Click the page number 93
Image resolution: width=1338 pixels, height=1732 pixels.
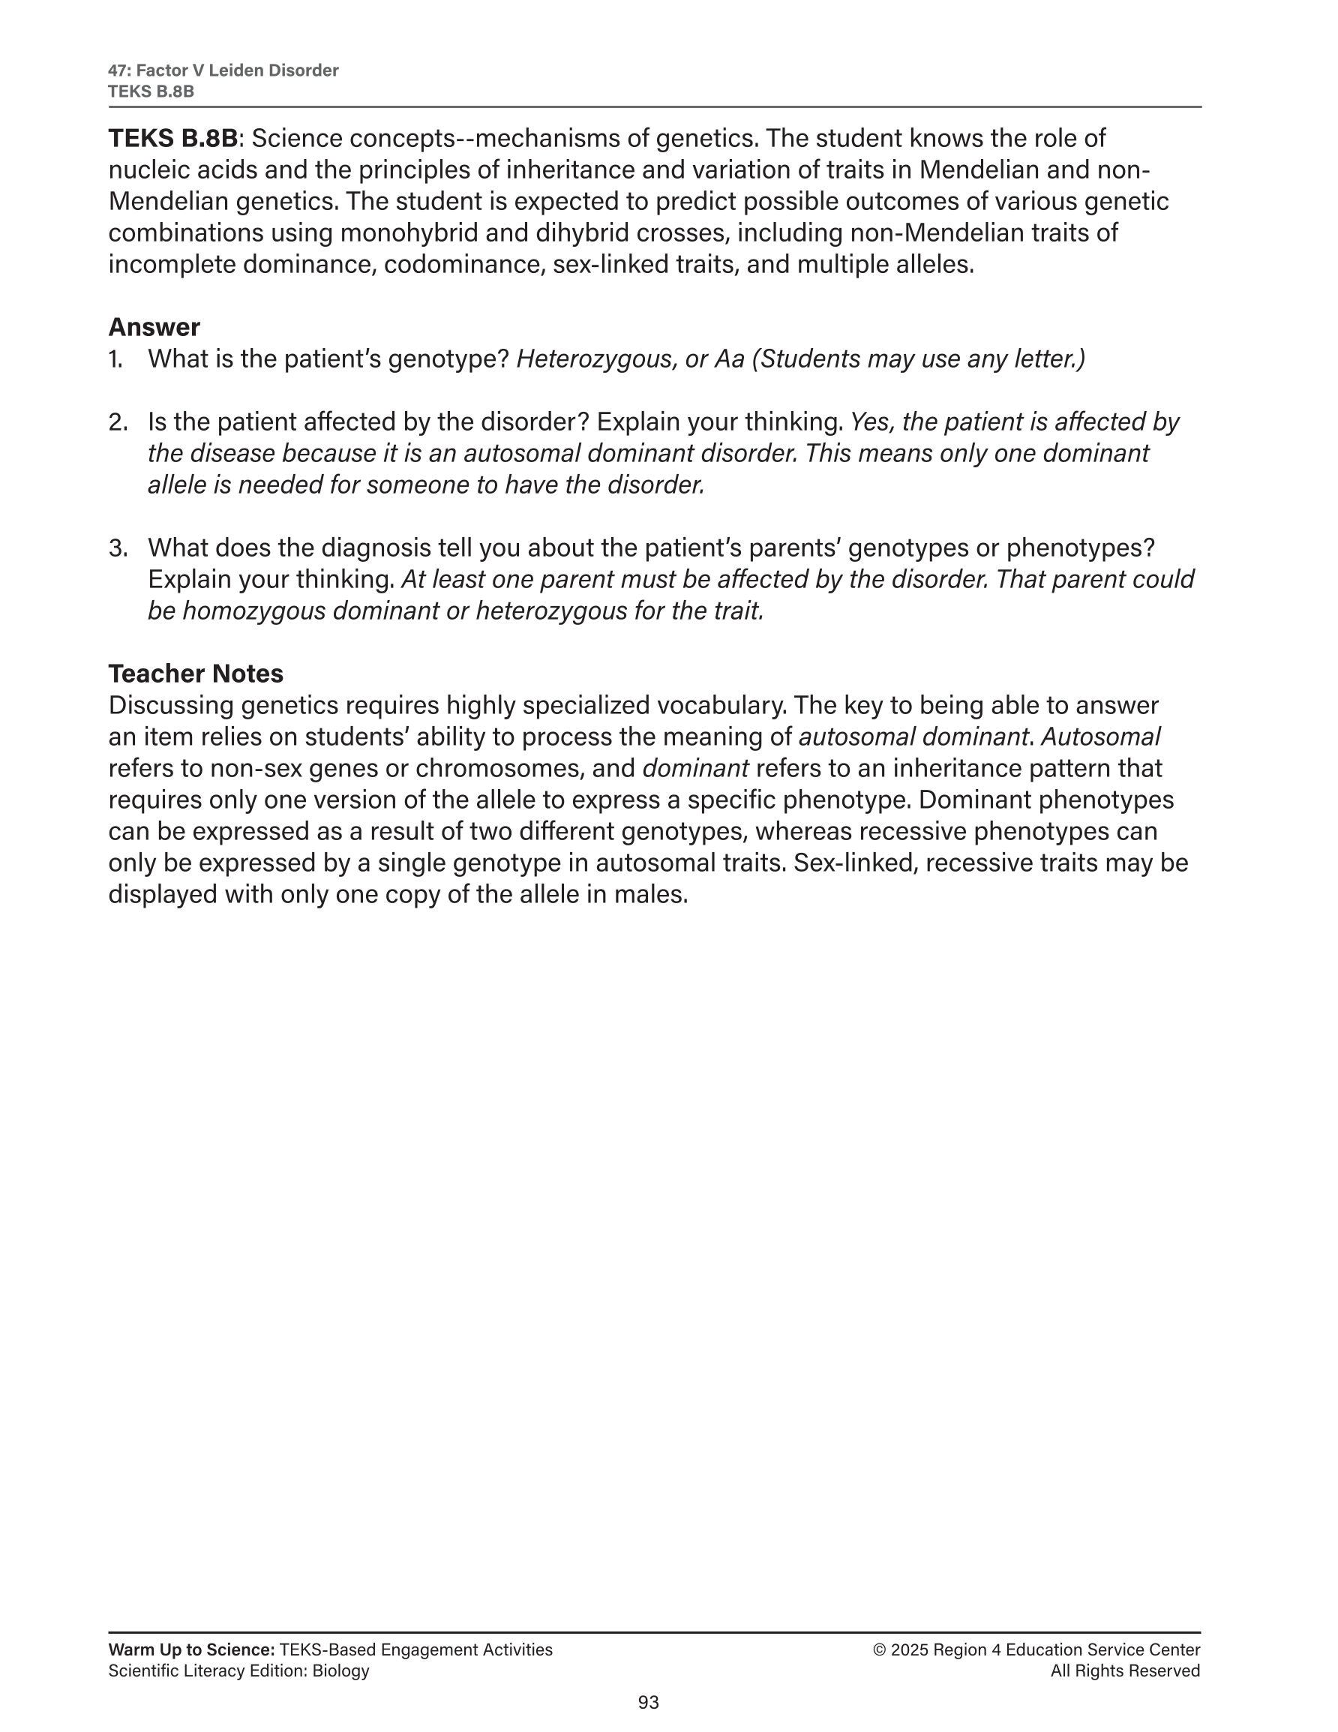coord(648,1702)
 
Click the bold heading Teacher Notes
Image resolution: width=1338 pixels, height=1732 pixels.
coord(195,674)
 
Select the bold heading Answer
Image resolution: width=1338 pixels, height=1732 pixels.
coord(154,327)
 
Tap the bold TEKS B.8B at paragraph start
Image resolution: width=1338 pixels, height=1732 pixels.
coord(173,138)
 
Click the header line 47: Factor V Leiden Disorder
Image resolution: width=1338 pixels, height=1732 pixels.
coord(223,71)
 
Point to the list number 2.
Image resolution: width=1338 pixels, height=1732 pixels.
coord(118,422)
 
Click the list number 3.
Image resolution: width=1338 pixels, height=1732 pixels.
coord(118,548)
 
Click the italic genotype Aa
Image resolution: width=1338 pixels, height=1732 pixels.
coord(729,359)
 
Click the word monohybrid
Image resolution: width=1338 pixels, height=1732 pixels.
coord(430,233)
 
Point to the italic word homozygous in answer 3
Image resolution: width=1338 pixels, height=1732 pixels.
coord(253,611)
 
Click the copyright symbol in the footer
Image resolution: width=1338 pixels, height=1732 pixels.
coord(879,1650)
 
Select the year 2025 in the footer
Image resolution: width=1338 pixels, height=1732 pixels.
coord(909,1650)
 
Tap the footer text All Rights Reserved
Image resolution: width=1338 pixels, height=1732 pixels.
coord(1125,1672)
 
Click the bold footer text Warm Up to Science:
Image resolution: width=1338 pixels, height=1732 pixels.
coord(191,1650)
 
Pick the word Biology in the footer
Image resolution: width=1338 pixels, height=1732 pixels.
coord(340,1672)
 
